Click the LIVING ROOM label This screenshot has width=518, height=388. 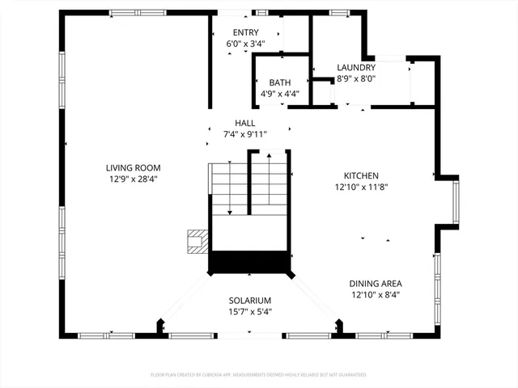click(130, 168)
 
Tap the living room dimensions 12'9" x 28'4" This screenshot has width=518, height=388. click(130, 179)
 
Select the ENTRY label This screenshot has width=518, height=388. click(245, 32)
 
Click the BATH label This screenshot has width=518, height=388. click(280, 82)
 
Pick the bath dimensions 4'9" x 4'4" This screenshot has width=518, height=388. click(280, 93)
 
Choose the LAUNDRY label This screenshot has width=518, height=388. click(356, 68)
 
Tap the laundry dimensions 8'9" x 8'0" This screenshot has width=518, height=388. click(356, 78)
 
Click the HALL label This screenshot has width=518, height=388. click(245, 123)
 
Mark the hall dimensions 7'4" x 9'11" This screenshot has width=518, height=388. click(245, 133)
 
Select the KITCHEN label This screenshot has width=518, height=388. click(361, 175)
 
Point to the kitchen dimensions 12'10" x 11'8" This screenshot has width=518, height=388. click(361, 187)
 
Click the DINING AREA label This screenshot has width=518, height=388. click(376, 284)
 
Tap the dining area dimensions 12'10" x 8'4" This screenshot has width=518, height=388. click(376, 294)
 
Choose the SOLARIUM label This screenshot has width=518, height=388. click(249, 301)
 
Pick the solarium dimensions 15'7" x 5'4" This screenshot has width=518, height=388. click(249, 311)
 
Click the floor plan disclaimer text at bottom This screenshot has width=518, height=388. click(258, 375)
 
